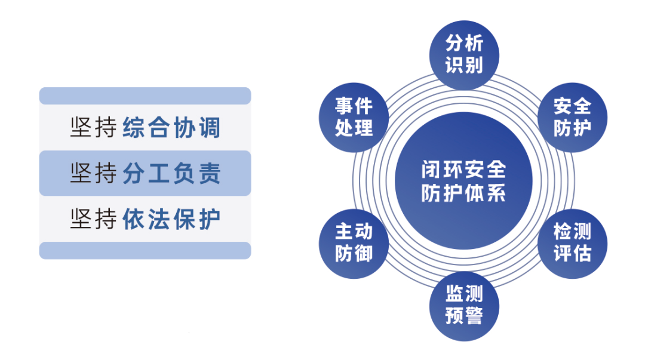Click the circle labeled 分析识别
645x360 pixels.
point(464,54)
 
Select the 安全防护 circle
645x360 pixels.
point(572,117)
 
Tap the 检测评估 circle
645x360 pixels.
point(572,242)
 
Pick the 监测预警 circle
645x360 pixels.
point(464,304)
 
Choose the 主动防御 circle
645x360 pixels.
point(354,242)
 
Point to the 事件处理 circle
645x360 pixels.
point(354,117)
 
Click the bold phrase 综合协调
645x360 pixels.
point(172,128)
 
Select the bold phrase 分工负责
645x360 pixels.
point(172,174)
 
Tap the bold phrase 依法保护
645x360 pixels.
point(172,219)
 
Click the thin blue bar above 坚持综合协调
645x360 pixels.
point(145,96)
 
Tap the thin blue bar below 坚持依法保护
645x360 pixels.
point(145,251)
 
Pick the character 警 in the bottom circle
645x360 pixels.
point(474,316)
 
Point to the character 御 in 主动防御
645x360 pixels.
point(364,254)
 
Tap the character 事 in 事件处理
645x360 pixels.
point(344,106)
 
